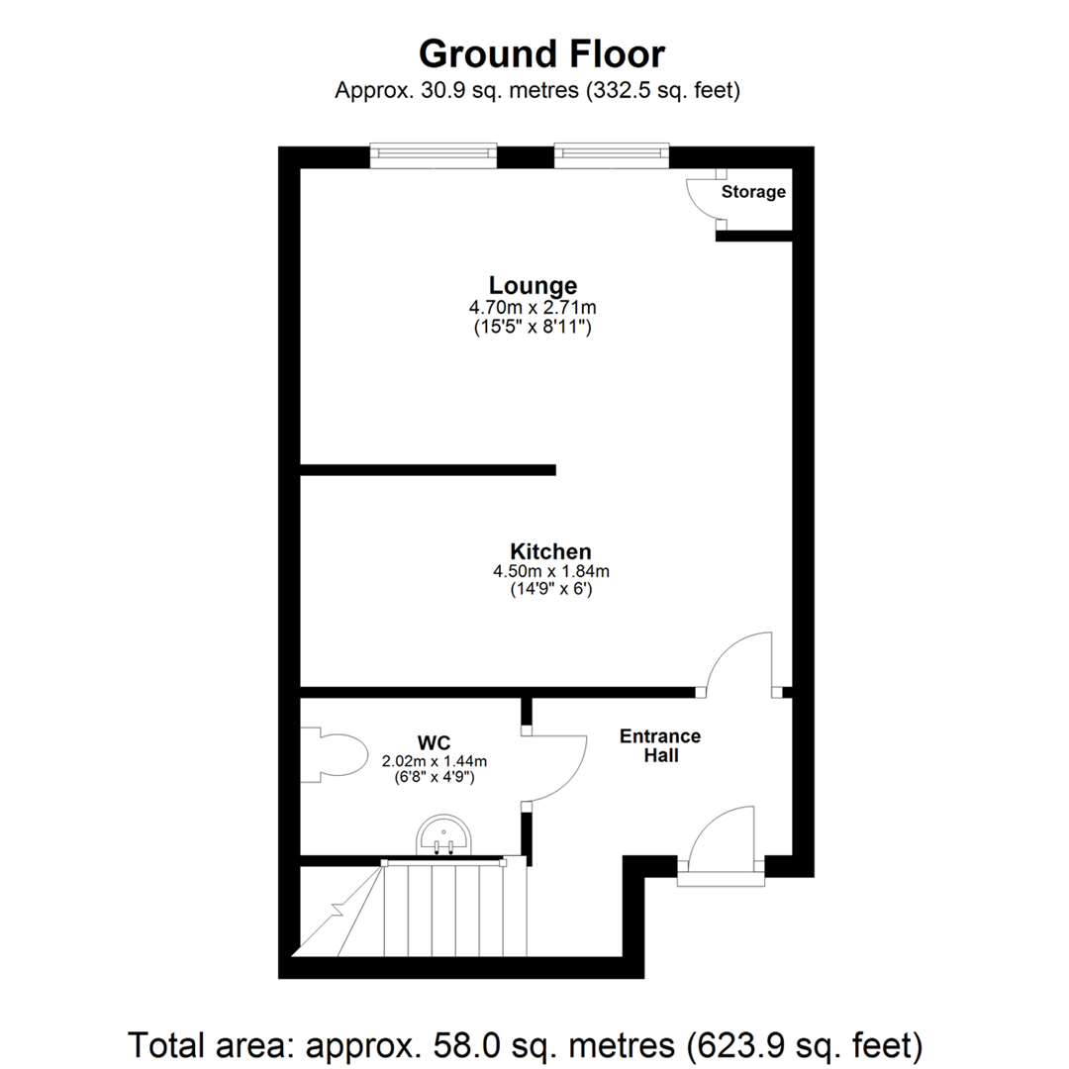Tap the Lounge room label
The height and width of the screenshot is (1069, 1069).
[533, 285]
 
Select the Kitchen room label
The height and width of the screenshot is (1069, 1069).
[550, 551]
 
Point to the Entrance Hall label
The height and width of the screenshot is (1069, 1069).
[660, 745]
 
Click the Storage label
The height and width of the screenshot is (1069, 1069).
[752, 192]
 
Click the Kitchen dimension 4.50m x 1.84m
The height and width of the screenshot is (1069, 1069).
[550, 571]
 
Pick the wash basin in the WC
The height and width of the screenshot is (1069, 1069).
[444, 835]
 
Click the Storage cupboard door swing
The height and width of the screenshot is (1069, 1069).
[706, 201]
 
